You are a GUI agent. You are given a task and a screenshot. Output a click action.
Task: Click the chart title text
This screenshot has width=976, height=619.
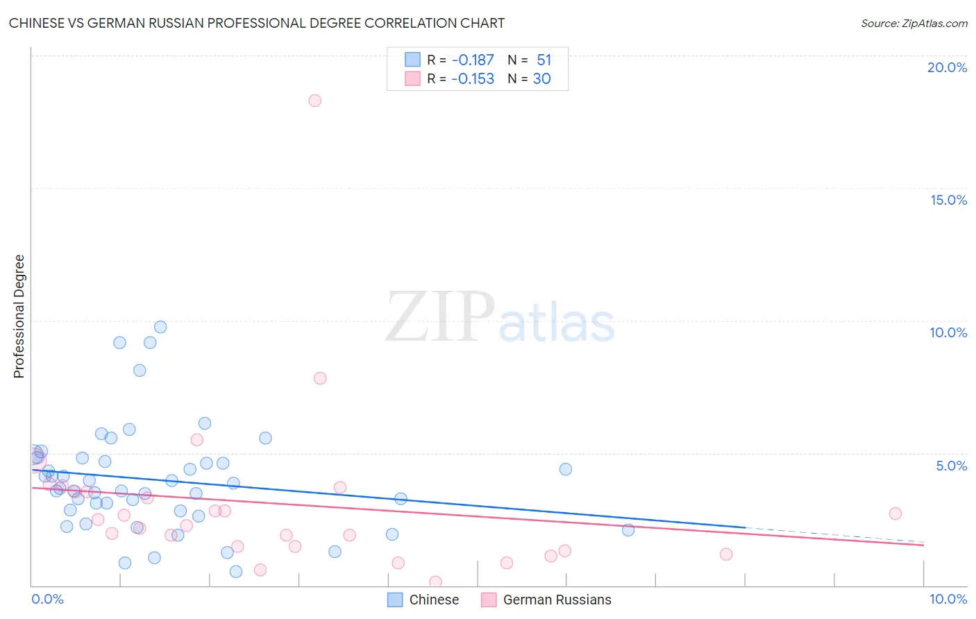[x=257, y=23]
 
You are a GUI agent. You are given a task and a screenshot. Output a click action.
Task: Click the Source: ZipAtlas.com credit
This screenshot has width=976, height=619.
[x=914, y=23]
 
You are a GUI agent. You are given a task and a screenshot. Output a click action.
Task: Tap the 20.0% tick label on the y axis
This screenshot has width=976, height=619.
[x=947, y=67]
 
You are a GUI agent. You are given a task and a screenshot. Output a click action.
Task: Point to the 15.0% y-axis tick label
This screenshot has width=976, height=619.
[x=948, y=200]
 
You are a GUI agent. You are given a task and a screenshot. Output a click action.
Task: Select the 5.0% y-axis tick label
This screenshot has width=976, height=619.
[x=951, y=466]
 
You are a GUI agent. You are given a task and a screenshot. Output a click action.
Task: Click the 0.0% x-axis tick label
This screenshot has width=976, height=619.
[x=47, y=599]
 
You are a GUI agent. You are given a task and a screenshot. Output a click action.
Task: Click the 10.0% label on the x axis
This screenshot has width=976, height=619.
[x=948, y=599]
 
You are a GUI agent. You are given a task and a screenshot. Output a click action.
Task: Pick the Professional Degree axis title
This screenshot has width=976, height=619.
[x=19, y=316]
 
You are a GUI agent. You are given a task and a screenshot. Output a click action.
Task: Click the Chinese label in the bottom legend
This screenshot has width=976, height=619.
[x=434, y=600]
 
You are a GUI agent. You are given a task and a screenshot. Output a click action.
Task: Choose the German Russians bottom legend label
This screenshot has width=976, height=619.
[x=557, y=600]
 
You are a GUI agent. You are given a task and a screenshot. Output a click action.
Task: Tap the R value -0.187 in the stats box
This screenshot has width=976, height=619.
[x=473, y=60]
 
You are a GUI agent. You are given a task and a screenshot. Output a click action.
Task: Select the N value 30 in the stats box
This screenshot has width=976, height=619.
[x=541, y=79]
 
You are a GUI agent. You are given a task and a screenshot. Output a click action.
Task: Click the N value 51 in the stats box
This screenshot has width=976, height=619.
[x=544, y=60]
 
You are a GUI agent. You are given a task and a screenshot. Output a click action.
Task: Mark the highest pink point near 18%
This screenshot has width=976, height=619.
[x=314, y=101]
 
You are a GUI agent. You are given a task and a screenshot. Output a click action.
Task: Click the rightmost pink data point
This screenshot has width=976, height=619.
[x=895, y=514]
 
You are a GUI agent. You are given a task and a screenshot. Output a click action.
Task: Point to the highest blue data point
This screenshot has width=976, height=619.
[x=160, y=327]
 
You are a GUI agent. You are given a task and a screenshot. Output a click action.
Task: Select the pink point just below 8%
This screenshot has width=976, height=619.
[x=320, y=378]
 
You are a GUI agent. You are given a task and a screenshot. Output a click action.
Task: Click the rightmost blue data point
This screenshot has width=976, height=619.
[x=628, y=530]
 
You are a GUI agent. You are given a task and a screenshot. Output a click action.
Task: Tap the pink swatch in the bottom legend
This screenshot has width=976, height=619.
[x=489, y=600]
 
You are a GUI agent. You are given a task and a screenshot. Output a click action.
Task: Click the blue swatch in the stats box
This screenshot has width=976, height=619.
[x=413, y=60]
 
